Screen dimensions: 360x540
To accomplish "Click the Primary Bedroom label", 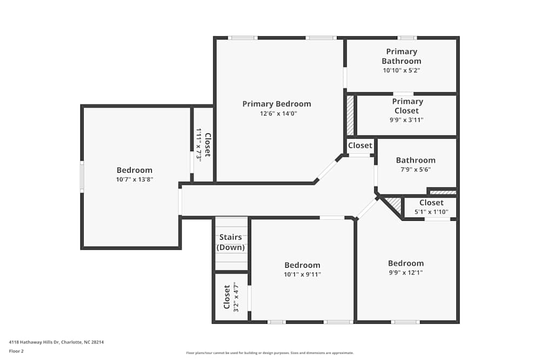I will coord(276,104).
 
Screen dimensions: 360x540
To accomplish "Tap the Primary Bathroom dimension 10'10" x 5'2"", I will coord(402,70).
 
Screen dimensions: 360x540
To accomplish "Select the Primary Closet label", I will coord(408,106).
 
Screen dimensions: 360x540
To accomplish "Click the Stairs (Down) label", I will coord(231,242).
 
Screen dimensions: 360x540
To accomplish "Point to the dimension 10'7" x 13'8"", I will coord(134,180).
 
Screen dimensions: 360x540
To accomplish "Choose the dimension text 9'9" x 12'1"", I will coord(406,273).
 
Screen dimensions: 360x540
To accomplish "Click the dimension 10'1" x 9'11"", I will coord(302,274).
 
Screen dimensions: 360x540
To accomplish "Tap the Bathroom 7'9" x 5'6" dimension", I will coord(415,169).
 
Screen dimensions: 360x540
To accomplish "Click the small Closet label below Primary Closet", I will coord(360,145).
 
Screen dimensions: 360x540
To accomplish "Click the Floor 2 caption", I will coord(16,351).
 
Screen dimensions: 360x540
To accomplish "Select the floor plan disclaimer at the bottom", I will coord(270,353).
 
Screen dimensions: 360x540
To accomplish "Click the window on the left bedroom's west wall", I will coord(82,176).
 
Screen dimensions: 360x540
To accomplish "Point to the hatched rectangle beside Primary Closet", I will coord(350,116).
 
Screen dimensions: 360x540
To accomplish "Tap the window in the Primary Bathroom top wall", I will coord(407,38).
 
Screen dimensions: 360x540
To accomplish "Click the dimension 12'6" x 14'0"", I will coord(276,114).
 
